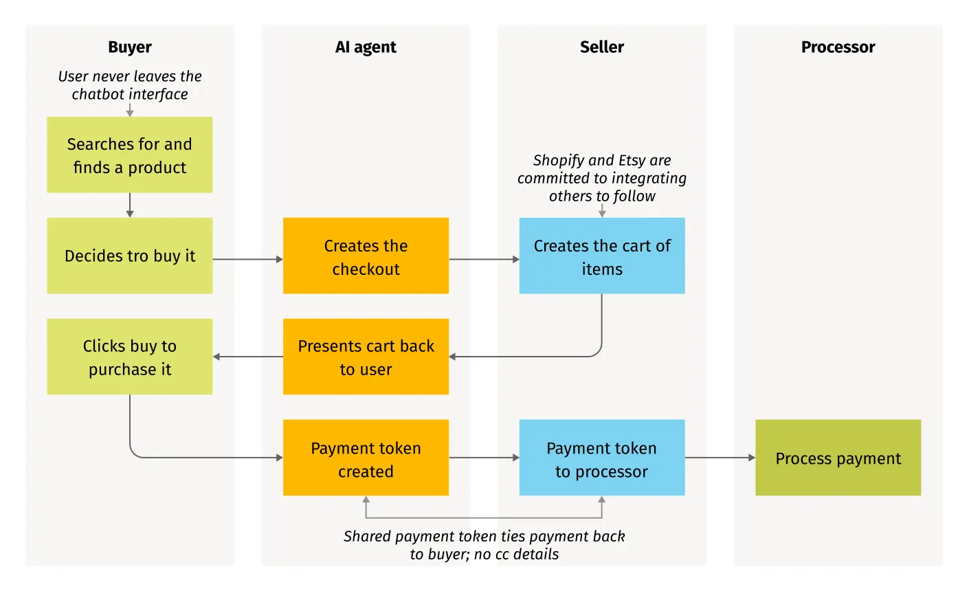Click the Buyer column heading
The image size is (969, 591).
coord(129,47)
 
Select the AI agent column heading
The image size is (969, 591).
coord(366,47)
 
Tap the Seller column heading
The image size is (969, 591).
coord(602,47)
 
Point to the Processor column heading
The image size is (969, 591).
coord(838,47)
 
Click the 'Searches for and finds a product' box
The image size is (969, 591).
coord(129,155)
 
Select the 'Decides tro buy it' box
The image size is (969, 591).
coord(129,256)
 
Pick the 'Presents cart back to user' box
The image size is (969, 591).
coord(366,357)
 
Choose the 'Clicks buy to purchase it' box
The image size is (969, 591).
coord(129,357)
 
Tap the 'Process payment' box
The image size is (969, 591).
coord(838,458)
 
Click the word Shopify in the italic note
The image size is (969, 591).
coord(555,160)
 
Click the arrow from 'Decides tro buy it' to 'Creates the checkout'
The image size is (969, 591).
coord(247,259)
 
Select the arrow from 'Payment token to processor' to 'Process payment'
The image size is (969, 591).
coord(720,458)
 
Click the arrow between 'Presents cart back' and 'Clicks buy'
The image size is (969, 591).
coord(247,357)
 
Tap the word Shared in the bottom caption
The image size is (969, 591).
coord(368,537)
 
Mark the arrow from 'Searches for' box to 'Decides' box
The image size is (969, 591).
coord(130,205)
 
